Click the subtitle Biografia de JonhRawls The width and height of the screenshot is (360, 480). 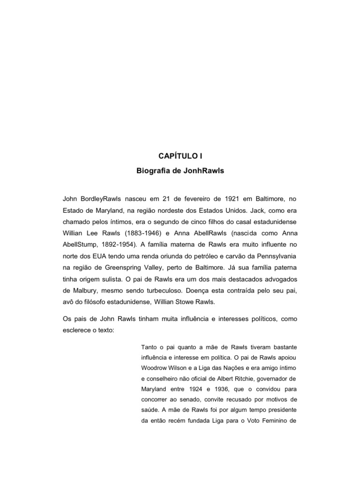coord(180,171)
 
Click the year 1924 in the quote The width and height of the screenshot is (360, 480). coord(214,389)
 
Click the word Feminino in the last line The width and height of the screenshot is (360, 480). coord(269,420)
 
